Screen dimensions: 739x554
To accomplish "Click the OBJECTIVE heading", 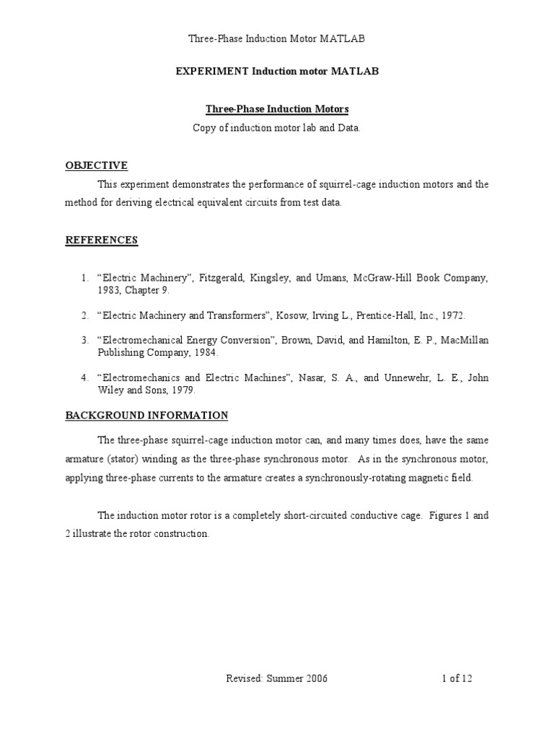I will pos(96,165).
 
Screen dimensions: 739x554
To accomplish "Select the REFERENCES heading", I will pos(101,240).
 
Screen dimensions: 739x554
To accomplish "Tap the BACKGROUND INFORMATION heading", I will pos(146,416).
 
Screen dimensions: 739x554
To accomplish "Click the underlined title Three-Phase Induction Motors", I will pos(277,109).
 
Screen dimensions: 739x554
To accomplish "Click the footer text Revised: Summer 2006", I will pos(276,679).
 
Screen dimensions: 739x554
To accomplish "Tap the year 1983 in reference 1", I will pos(110,290).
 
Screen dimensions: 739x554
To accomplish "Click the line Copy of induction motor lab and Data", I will pos(276,128).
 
